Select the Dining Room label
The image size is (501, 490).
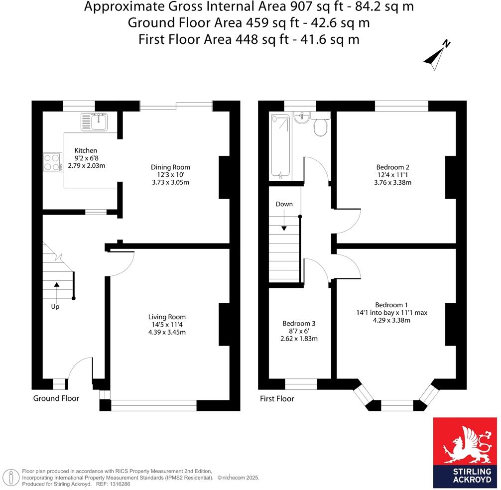point(171,167)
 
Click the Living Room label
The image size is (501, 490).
point(167,317)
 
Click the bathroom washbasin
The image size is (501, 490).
point(301,118)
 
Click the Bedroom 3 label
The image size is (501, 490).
point(299,323)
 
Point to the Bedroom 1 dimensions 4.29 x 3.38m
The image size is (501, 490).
point(391,321)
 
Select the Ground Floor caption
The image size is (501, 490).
point(56,398)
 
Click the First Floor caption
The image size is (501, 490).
point(277,399)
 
